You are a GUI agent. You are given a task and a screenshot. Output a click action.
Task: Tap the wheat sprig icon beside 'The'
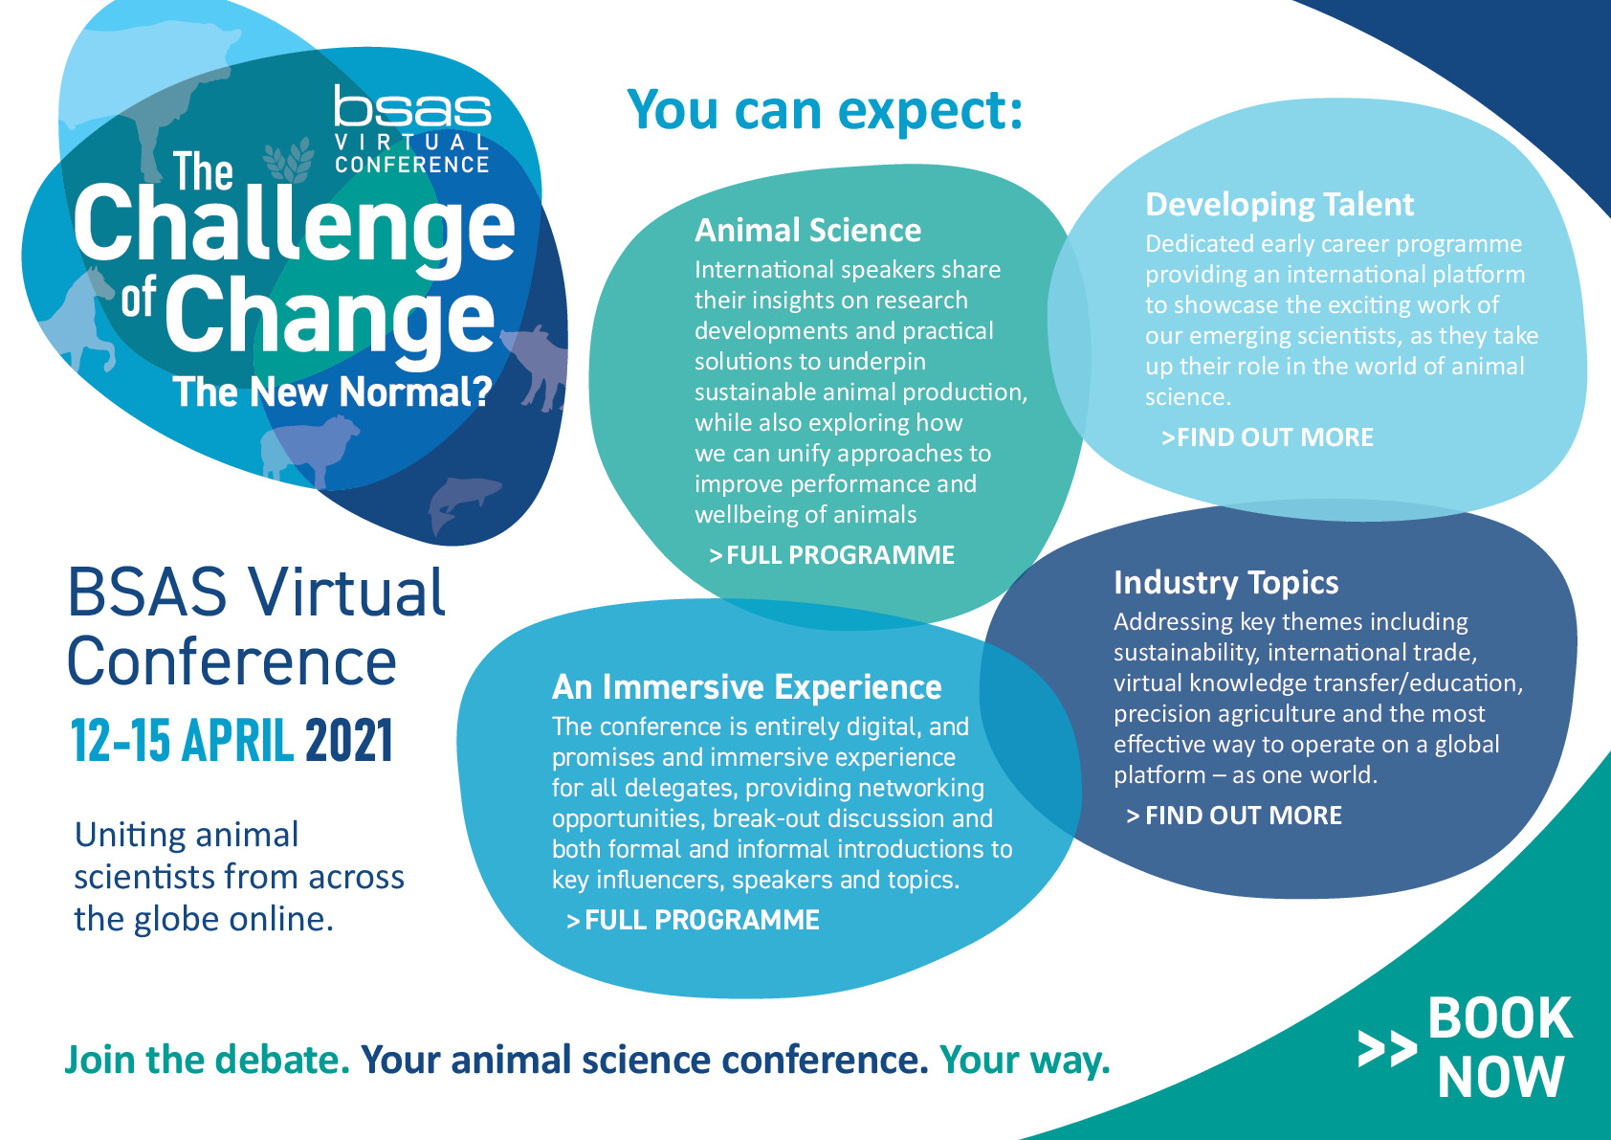click(x=289, y=160)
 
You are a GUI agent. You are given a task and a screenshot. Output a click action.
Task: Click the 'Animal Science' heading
click(x=807, y=231)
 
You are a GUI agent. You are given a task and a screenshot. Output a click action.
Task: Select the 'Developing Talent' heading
click(x=1279, y=205)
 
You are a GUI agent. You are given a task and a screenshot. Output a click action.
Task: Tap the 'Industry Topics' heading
click(x=1226, y=582)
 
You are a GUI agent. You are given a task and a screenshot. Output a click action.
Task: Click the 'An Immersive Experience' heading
click(x=746, y=686)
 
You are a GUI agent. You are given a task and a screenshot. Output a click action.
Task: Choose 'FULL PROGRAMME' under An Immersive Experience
click(x=694, y=920)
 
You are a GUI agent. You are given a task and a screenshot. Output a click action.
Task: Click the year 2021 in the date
click(x=349, y=740)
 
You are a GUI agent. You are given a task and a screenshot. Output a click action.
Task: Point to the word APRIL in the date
click(x=237, y=740)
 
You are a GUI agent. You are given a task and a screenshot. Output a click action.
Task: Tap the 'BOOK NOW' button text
click(x=1500, y=1047)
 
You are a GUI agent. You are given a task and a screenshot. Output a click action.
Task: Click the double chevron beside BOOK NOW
click(x=1386, y=1049)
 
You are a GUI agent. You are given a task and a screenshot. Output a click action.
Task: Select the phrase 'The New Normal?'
click(x=332, y=392)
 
